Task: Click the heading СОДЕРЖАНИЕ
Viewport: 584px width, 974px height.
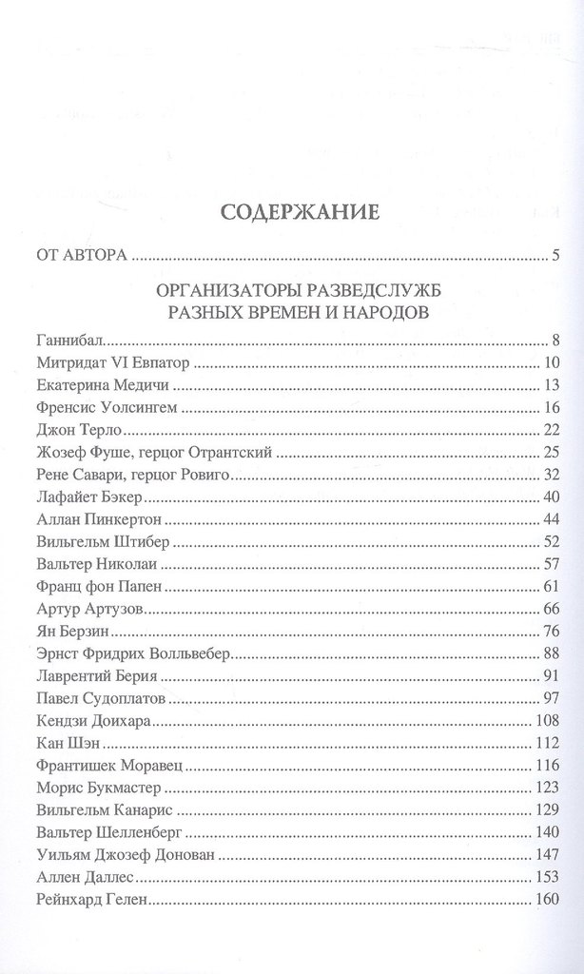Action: [300, 211]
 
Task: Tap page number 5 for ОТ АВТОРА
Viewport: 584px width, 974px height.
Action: [554, 255]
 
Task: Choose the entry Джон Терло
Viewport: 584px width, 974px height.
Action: [76, 431]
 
